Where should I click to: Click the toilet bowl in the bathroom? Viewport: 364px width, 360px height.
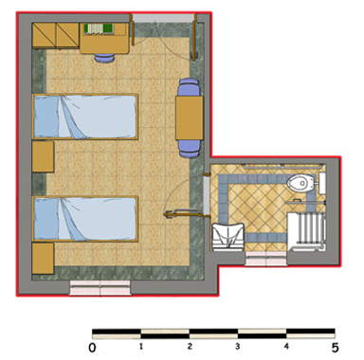point(300,183)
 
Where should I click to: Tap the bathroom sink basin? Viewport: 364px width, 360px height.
point(227,237)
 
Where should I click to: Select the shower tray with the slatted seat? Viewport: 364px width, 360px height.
point(306,232)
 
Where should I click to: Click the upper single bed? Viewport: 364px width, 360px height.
point(85,117)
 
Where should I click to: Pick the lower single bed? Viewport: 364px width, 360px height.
point(85,219)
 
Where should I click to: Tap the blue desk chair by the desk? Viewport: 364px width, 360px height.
point(104,58)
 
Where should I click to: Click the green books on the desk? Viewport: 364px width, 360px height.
point(99,28)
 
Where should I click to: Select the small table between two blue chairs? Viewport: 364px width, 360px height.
point(190,117)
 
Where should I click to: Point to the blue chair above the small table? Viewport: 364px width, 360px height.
point(189,87)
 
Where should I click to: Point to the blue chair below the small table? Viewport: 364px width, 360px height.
point(190,148)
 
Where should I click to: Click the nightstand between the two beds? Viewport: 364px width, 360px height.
point(43,156)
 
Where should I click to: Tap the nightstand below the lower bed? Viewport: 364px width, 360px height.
point(43,259)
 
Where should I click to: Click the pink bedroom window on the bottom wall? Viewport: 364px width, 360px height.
point(100,288)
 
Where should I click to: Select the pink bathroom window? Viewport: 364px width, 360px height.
point(266,259)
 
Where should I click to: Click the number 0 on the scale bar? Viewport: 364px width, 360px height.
point(92,348)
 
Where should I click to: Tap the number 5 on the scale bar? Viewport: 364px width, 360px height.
point(335,348)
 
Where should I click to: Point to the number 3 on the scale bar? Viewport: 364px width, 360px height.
point(238,346)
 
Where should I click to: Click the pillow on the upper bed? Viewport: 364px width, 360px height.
point(46,117)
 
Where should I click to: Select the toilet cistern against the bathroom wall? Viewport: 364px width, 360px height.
point(322,183)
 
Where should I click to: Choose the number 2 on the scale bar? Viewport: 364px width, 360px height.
point(190,346)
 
